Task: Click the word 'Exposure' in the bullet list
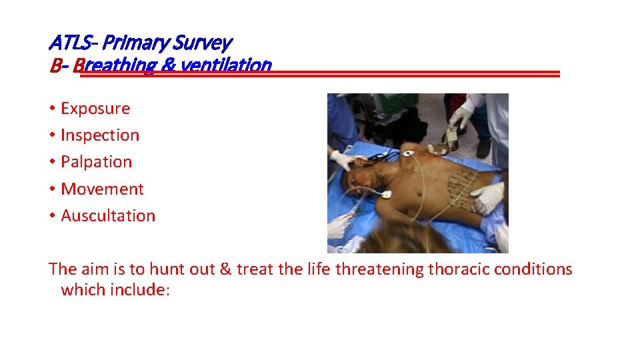coord(95,108)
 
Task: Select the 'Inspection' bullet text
coord(100,135)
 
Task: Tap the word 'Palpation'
coord(96,162)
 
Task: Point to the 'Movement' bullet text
coord(102,189)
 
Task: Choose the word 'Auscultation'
coord(108,216)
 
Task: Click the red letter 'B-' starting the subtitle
coord(58,65)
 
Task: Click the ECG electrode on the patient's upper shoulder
coord(407,153)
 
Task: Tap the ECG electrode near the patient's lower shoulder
coord(386,195)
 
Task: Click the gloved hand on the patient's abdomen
coord(489,197)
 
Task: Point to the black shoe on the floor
coord(483,147)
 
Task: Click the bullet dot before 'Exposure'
coord(51,109)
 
